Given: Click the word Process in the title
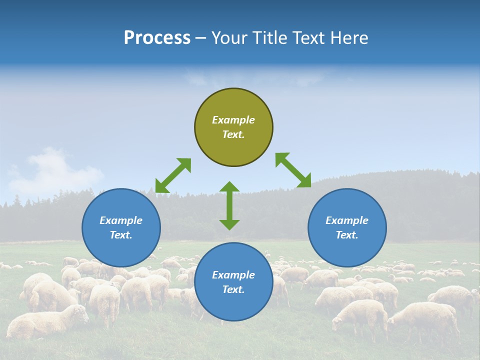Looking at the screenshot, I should [x=157, y=38].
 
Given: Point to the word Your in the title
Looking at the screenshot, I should [x=230, y=38].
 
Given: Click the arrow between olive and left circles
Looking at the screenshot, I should [x=173, y=175].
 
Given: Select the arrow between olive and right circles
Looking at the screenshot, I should [x=293, y=170].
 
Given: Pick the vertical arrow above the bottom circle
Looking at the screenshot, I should [x=229, y=205].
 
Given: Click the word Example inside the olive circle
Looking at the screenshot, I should [x=233, y=120].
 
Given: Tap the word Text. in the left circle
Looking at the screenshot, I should [x=121, y=235].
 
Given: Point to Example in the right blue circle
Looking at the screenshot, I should [x=347, y=220].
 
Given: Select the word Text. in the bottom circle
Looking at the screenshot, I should [x=233, y=289].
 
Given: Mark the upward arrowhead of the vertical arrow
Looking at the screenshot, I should [x=229, y=187].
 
